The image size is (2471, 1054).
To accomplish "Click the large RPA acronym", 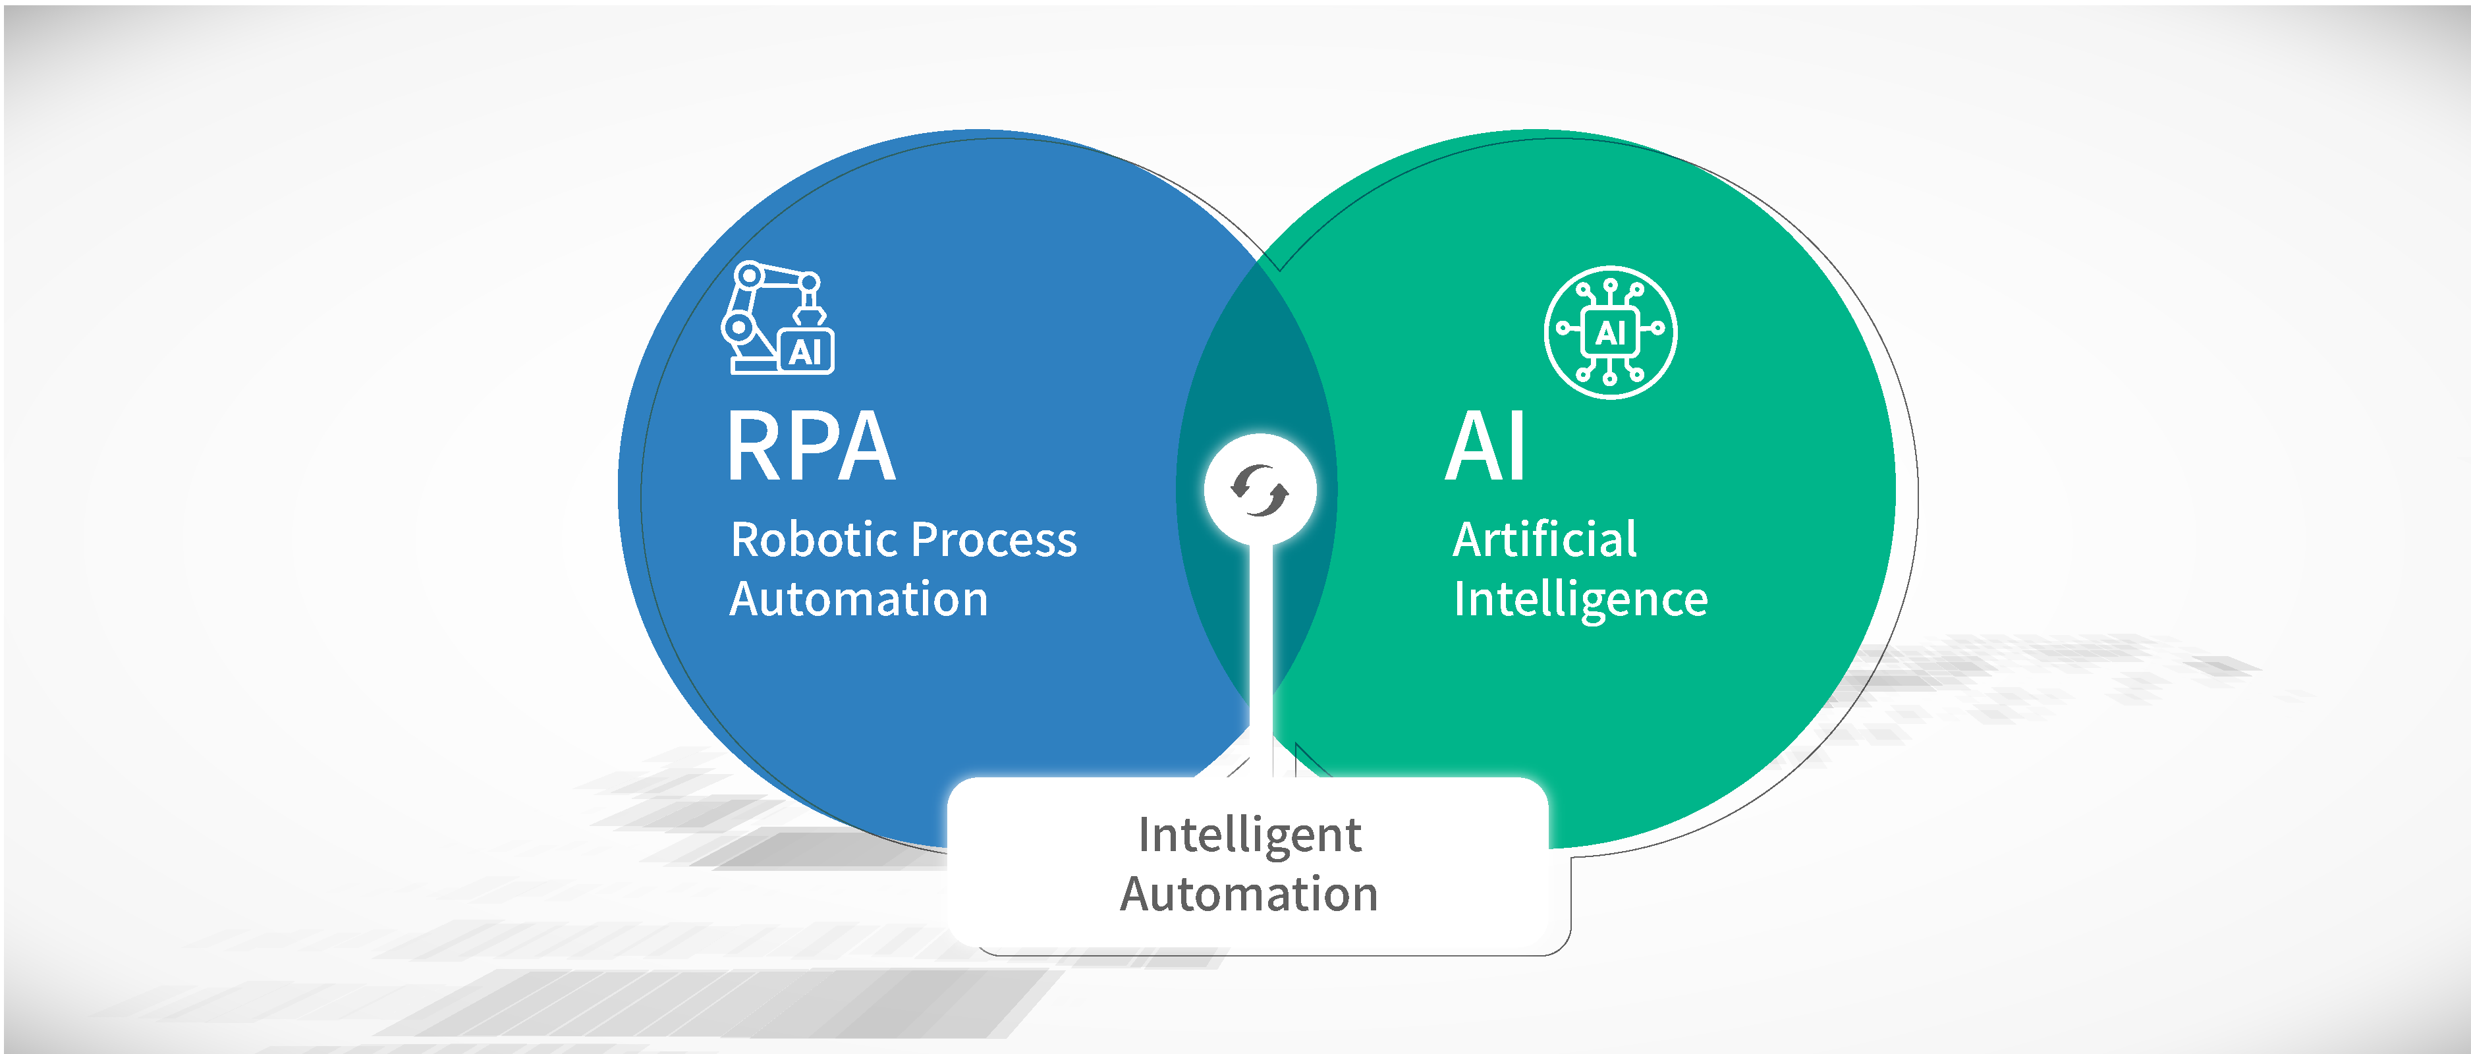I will (810, 447).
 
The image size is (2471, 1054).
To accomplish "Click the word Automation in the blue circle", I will (858, 599).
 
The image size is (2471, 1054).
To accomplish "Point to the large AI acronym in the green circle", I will (1485, 447).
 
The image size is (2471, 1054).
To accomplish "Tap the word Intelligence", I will (1580, 600).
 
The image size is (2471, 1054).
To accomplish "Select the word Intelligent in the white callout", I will (1249, 835).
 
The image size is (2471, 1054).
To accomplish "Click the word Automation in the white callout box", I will (1249, 894).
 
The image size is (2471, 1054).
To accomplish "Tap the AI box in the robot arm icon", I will (806, 351).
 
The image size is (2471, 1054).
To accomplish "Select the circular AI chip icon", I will (1611, 332).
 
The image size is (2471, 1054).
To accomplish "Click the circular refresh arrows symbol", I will (1260, 490).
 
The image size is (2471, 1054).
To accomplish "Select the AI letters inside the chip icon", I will (1611, 333).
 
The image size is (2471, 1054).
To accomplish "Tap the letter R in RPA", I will (753, 447).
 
